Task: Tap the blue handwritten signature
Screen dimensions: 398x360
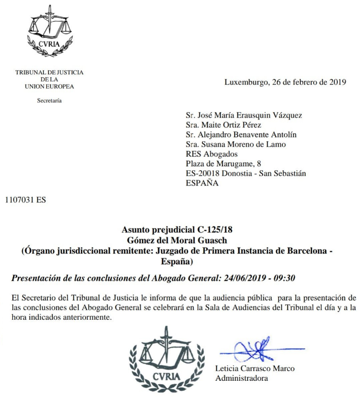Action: coord(255,351)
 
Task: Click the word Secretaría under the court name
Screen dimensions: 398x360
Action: coord(49,101)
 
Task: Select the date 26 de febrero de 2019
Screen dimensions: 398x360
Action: coord(308,82)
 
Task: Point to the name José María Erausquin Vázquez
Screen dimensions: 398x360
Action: coord(250,116)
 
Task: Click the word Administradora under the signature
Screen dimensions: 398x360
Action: coord(241,378)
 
